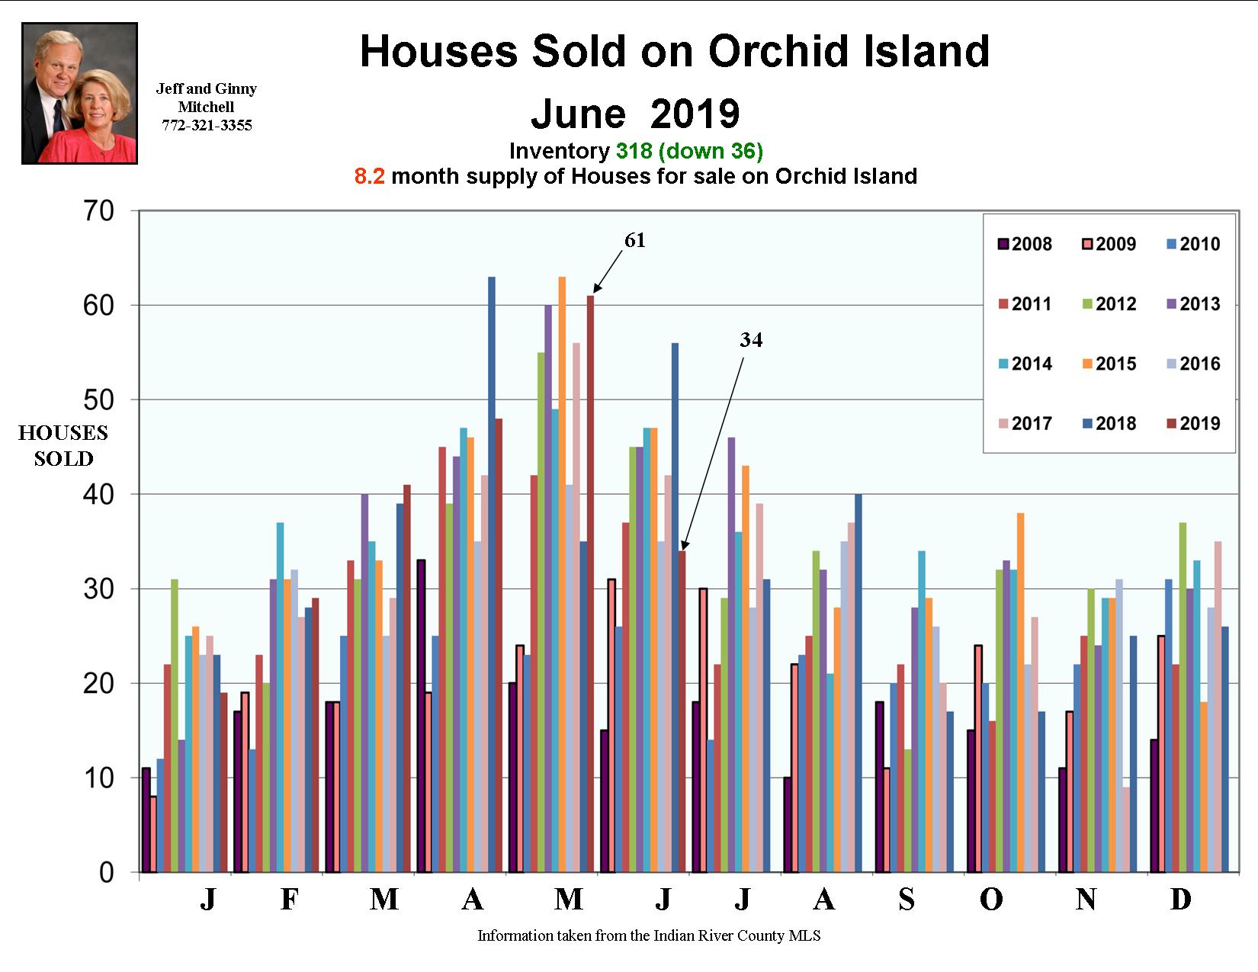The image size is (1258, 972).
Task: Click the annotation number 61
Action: click(x=635, y=241)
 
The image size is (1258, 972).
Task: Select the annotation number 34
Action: click(x=751, y=341)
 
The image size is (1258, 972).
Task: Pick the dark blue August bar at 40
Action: click(x=858, y=682)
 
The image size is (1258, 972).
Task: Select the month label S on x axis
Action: click(x=906, y=900)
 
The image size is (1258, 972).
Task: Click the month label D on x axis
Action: click(x=1180, y=900)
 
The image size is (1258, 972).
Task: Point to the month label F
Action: click(x=289, y=900)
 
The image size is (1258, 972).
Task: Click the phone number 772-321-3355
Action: click(x=207, y=126)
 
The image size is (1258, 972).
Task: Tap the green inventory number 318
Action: click(x=634, y=151)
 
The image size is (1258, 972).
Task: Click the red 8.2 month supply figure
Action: click(x=369, y=177)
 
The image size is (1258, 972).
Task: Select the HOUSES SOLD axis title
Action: click(x=63, y=446)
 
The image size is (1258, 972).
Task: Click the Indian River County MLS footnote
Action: click(x=649, y=935)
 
